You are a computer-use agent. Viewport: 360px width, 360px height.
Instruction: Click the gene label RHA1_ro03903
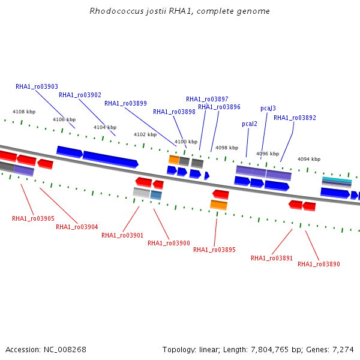tap(37, 86)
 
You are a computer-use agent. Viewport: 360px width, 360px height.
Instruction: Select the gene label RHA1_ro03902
tap(80, 95)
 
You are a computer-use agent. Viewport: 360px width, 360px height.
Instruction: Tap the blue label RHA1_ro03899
tap(125, 104)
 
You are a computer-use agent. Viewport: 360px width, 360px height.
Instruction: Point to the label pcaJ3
tap(268, 109)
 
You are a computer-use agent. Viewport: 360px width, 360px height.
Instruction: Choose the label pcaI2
tap(250, 124)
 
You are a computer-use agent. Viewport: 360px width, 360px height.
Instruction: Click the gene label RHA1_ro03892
tap(295, 118)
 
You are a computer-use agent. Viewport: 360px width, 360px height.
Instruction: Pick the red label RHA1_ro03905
tap(33, 218)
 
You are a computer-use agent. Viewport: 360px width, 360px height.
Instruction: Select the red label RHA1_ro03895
tap(214, 250)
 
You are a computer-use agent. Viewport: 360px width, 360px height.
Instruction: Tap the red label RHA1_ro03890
tap(319, 264)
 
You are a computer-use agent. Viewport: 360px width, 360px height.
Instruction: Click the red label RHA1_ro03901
tap(122, 235)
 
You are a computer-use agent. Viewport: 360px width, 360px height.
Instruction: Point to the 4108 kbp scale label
tap(24, 112)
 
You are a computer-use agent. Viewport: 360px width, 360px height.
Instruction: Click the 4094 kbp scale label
tap(309, 159)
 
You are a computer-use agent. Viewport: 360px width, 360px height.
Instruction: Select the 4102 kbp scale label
tap(145, 134)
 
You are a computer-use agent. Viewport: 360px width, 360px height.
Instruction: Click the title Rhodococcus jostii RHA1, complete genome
tap(180, 11)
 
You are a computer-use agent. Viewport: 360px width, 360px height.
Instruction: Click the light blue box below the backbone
tap(156, 195)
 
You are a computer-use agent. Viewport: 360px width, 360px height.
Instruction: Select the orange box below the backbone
tap(219, 205)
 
